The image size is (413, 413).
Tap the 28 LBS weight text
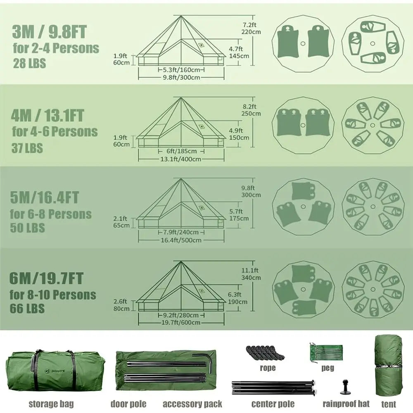tap(29, 64)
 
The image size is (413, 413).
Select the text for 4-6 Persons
tap(55, 132)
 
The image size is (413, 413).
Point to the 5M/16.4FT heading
tap(45, 198)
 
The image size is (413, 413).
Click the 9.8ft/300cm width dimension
tap(181, 77)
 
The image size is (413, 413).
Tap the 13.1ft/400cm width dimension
tap(181, 159)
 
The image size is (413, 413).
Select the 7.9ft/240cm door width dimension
tap(181, 232)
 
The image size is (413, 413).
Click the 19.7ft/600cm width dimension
tap(181, 322)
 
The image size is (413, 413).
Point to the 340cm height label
tap(251, 278)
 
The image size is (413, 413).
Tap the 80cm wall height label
tap(122, 309)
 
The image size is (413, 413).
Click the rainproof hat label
tap(346, 404)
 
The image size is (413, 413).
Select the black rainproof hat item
tap(345, 388)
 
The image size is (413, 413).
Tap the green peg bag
tap(327, 352)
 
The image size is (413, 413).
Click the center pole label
tap(273, 404)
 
